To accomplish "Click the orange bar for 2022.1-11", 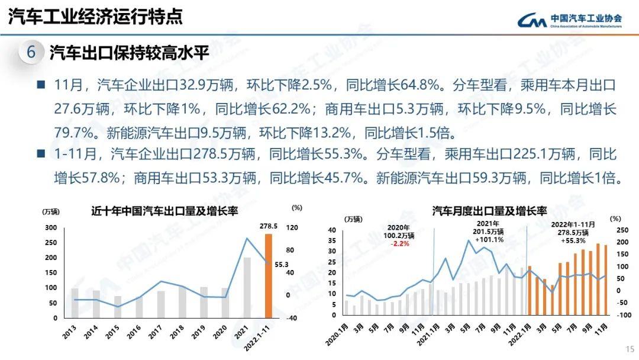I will [x=268, y=276].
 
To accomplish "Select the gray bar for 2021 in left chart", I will [x=247, y=288].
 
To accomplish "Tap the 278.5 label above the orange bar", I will [x=268, y=226].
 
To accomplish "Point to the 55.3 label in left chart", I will [x=280, y=264].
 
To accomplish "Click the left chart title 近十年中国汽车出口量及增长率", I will [x=164, y=211].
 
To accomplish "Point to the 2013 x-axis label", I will [x=69, y=331].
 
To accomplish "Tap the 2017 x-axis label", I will [x=156, y=331].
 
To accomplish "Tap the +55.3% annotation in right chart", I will [x=574, y=240].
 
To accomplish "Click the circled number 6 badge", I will [x=31, y=52].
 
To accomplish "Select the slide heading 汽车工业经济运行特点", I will [x=95, y=16].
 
